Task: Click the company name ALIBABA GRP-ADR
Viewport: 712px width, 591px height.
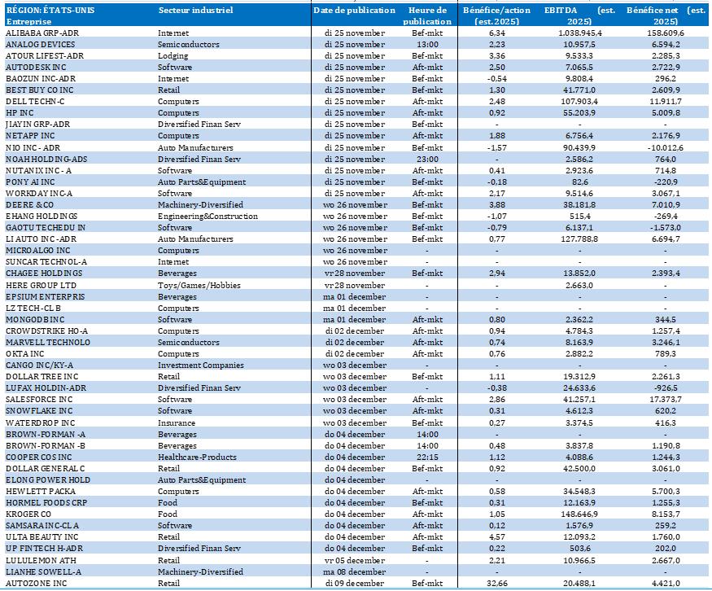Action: point(41,33)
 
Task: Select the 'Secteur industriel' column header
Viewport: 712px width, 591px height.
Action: point(195,11)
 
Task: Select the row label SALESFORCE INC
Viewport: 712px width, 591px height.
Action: point(39,400)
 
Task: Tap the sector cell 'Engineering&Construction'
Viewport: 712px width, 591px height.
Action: point(207,217)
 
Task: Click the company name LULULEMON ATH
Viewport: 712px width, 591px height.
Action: point(41,561)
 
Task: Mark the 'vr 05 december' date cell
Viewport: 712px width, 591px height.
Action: point(355,561)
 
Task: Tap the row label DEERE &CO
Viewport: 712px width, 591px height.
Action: point(30,205)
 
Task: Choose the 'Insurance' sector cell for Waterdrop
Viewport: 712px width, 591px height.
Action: point(177,422)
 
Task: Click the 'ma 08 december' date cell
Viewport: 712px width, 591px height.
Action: point(355,572)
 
